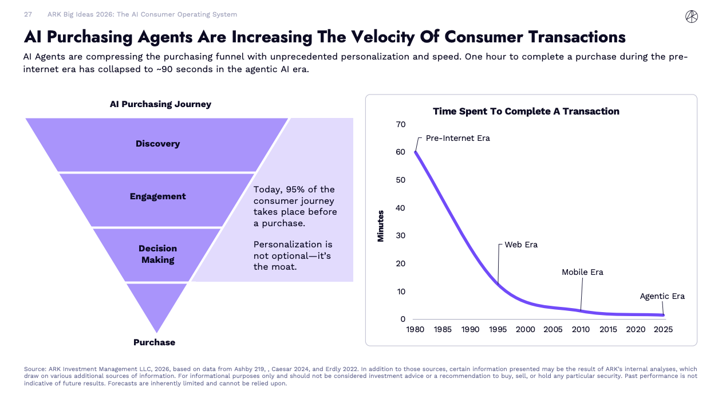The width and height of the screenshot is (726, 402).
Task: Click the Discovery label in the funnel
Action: pyautogui.click(x=157, y=144)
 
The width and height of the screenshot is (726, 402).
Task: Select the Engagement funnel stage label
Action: pyautogui.click(x=157, y=196)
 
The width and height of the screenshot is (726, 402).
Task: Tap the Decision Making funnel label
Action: pyautogui.click(x=157, y=254)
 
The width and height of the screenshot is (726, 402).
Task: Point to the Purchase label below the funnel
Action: pyautogui.click(x=154, y=342)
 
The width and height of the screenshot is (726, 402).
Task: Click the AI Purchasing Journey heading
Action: pyautogui.click(x=160, y=104)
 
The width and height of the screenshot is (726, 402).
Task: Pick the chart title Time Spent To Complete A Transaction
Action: pyautogui.click(x=526, y=111)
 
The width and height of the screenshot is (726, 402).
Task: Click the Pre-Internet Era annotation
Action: pyautogui.click(x=457, y=138)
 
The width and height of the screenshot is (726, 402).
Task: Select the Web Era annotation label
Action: pyautogui.click(x=521, y=245)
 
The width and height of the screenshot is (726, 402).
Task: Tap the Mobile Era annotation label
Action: pyautogui.click(x=582, y=272)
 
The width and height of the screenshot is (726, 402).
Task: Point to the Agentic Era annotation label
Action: pyautogui.click(x=662, y=296)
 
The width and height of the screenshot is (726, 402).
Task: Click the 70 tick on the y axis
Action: pyautogui.click(x=400, y=124)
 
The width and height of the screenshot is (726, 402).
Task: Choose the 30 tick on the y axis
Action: pyautogui.click(x=400, y=235)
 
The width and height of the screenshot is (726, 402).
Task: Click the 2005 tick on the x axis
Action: pyautogui.click(x=553, y=329)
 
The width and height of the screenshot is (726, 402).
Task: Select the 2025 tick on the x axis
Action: pyautogui.click(x=663, y=329)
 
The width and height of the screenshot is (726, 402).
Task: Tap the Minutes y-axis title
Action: pyautogui.click(x=381, y=226)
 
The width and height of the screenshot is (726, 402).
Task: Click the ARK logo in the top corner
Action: pyautogui.click(x=691, y=17)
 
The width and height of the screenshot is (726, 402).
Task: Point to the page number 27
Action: pyautogui.click(x=27, y=14)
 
